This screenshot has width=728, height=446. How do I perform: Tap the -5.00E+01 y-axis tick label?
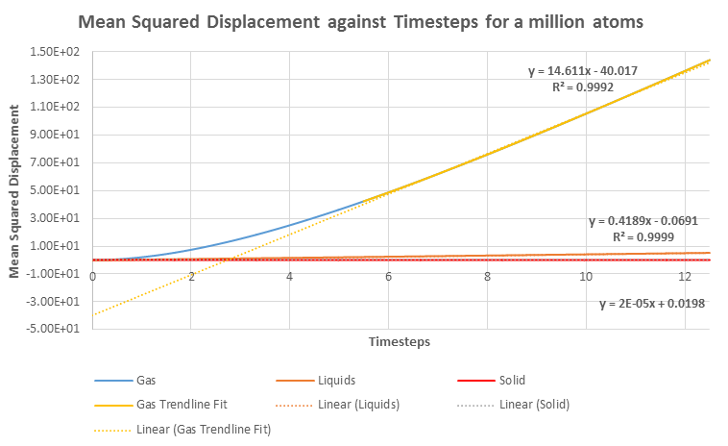click(59, 329)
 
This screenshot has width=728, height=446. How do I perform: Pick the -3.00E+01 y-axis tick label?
click(59, 301)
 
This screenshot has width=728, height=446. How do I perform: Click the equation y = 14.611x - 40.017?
click(583, 71)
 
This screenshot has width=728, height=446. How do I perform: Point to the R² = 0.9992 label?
click(583, 87)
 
